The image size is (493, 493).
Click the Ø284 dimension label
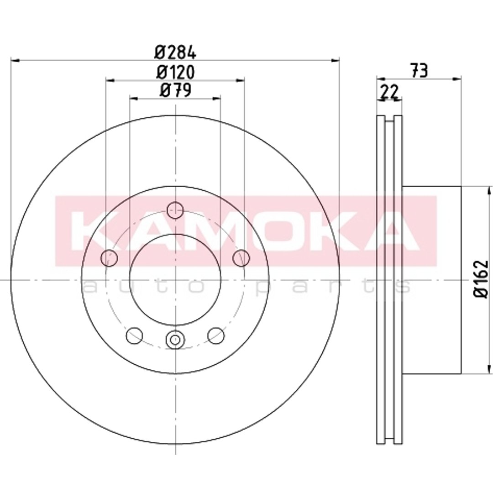coord(175,52)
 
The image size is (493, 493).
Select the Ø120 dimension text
coord(175,72)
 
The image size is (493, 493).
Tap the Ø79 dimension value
coord(175,90)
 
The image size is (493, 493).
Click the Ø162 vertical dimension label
coord(482,279)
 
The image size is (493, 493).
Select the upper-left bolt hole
coord(109,258)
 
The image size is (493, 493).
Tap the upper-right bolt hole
coord(241,258)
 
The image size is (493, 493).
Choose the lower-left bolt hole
coord(134,336)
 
